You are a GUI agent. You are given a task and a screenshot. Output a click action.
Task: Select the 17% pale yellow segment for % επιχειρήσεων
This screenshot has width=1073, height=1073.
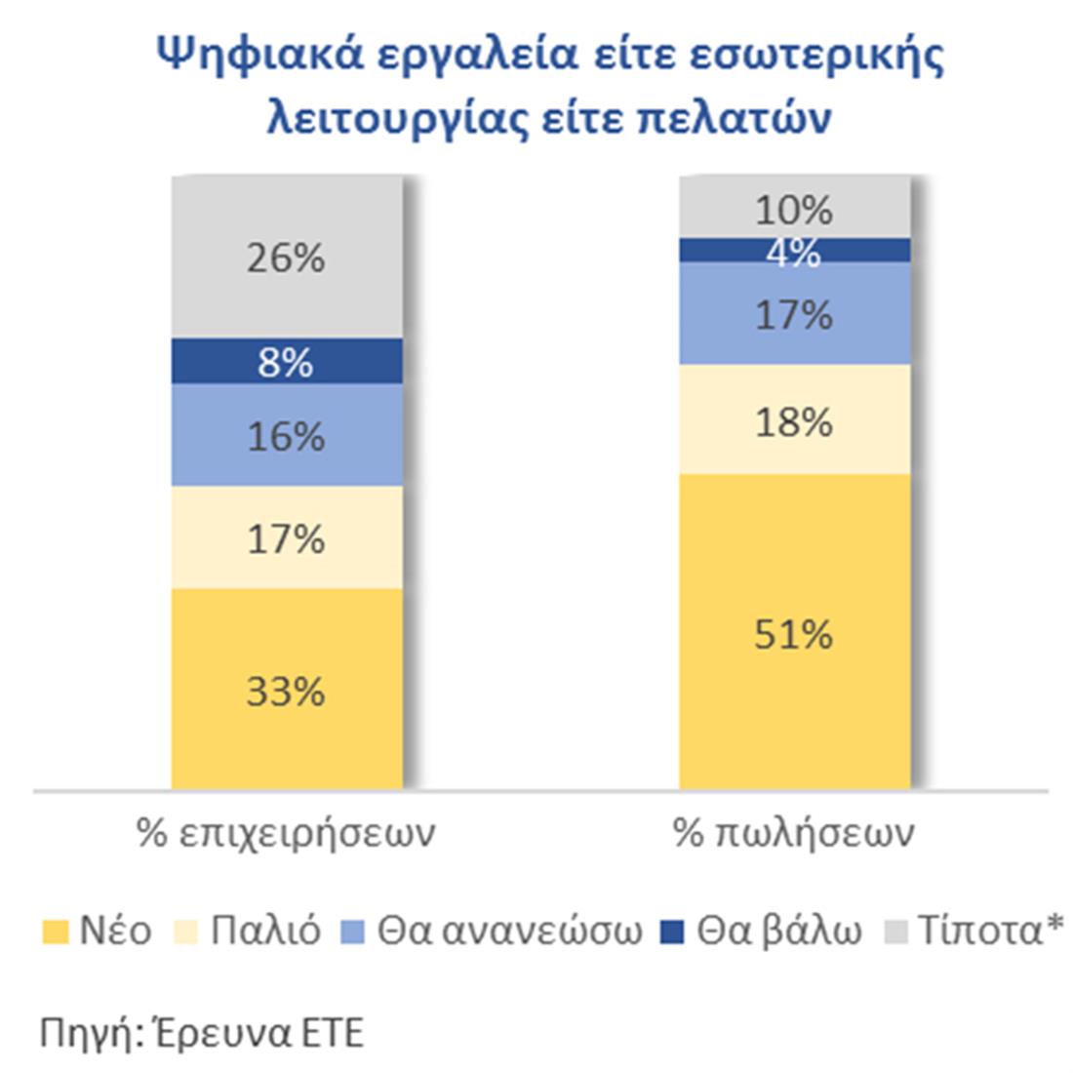click(x=287, y=537)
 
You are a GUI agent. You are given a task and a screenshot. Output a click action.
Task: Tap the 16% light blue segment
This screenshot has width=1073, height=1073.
click(x=287, y=435)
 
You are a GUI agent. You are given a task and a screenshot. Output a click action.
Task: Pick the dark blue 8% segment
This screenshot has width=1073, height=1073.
click(x=287, y=362)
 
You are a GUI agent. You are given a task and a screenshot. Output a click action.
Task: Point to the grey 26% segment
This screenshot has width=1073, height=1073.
click(x=287, y=258)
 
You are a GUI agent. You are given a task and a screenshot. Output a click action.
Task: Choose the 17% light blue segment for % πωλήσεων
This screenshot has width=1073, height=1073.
click(x=794, y=314)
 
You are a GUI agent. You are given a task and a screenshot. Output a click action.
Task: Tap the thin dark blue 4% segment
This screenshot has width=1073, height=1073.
click(x=794, y=251)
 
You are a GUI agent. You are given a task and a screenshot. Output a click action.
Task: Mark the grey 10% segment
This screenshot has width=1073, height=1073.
click(x=794, y=209)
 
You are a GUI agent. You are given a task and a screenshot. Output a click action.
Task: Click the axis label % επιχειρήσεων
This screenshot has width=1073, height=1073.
click(x=286, y=834)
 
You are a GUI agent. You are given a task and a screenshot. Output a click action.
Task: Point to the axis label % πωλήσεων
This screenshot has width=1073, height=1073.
click(x=794, y=834)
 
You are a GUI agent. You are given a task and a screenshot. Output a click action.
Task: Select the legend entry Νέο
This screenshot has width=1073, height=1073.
click(x=98, y=931)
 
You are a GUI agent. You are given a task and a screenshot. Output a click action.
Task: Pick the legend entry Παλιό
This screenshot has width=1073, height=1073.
click(x=250, y=931)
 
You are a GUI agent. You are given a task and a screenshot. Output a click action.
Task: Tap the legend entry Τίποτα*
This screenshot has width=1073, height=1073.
click(x=975, y=931)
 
